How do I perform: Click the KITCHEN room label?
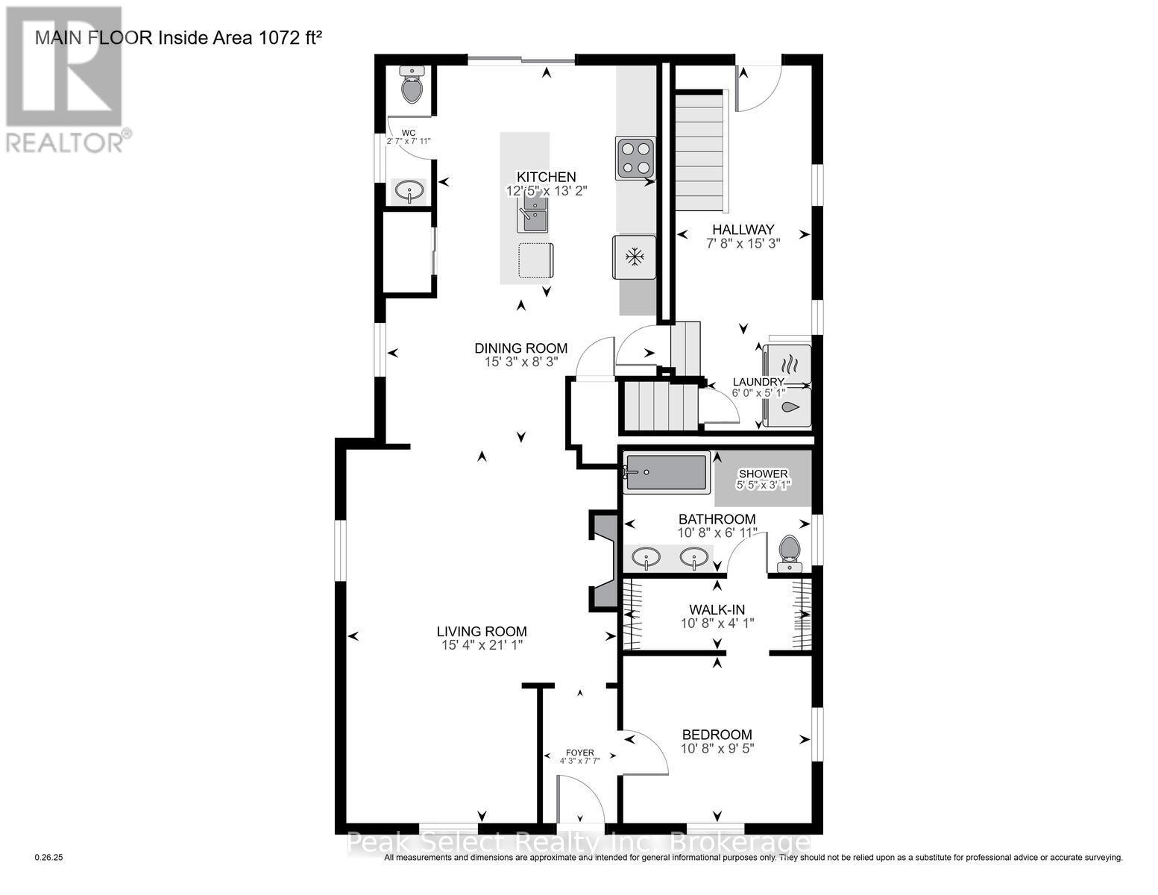click(547, 177)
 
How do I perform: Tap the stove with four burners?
click(635, 158)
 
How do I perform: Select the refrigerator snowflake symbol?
click(635, 257)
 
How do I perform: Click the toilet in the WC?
click(412, 86)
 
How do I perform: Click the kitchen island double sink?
click(534, 213)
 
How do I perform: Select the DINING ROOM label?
click(521, 348)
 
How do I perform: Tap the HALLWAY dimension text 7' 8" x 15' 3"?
click(743, 243)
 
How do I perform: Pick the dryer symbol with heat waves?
click(790, 365)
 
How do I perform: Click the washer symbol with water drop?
click(790, 407)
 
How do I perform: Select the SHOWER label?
click(763, 474)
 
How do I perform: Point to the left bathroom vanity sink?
click(644, 556)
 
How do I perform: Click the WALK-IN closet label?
click(717, 609)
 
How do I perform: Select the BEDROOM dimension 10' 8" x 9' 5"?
click(717, 747)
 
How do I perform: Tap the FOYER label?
click(580, 753)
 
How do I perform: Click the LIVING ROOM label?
click(482, 631)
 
